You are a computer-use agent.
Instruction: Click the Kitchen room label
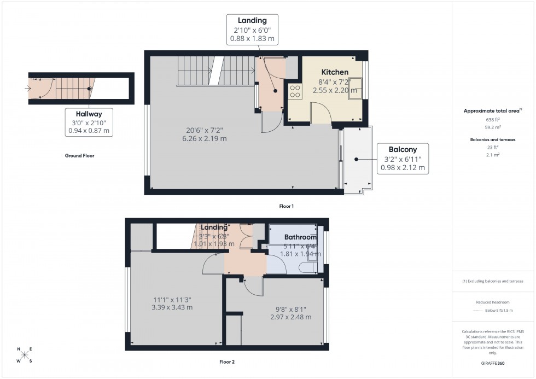tap(335, 72)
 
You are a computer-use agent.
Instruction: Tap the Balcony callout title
tap(403, 149)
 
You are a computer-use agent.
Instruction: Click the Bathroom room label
tap(300, 237)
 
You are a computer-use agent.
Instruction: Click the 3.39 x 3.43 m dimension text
tap(172, 307)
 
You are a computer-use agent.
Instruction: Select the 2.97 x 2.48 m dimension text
tap(292, 317)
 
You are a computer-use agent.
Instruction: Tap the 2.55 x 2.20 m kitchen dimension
tap(334, 90)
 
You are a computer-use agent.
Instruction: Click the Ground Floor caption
tap(79, 156)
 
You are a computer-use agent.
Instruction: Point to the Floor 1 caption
tap(286, 206)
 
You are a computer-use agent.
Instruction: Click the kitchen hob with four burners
tap(295, 91)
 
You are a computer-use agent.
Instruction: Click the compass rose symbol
tap(24, 355)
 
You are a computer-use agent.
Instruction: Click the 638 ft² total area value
tap(493, 119)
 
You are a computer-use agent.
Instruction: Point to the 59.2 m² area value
tap(493, 126)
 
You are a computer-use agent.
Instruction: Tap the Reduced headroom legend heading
tap(493, 302)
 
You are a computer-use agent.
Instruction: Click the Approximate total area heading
tap(492, 111)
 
